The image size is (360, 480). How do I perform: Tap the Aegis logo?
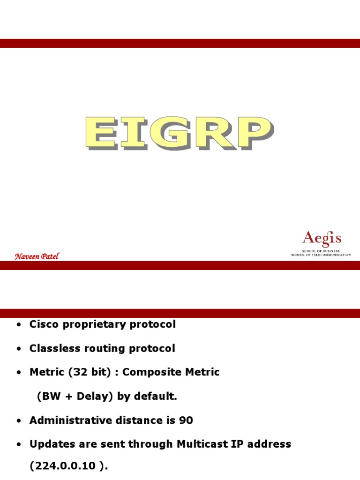pyautogui.click(x=321, y=242)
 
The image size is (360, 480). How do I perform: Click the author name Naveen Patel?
pyautogui.click(x=37, y=256)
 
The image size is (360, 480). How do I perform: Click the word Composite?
pyautogui.click(x=152, y=372)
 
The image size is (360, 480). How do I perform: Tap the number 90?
pyautogui.click(x=186, y=420)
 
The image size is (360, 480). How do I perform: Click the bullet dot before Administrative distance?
pyautogui.click(x=18, y=421)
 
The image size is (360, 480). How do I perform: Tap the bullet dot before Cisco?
pyautogui.click(x=18, y=325)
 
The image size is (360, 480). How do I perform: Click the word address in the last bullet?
pyautogui.click(x=272, y=444)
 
